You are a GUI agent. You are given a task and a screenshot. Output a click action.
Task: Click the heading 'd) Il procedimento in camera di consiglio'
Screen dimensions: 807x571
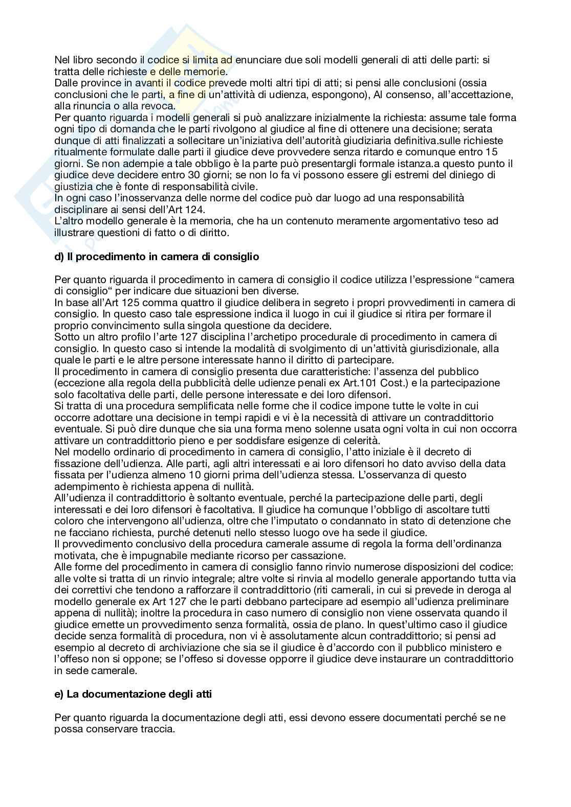tap(157, 257)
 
